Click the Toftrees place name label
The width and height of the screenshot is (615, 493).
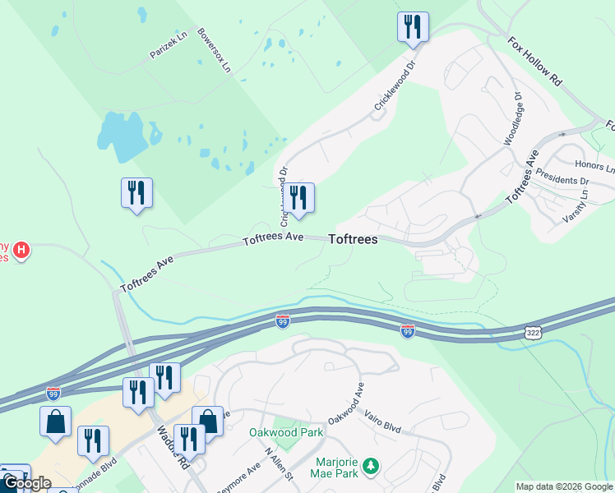click(353, 240)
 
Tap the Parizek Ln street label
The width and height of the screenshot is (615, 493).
click(169, 44)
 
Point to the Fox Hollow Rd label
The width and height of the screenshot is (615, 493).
click(534, 61)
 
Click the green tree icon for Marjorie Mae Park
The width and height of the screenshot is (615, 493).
click(371, 467)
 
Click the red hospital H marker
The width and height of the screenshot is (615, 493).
click(22, 249)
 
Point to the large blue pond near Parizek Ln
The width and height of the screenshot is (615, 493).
click(121, 136)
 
